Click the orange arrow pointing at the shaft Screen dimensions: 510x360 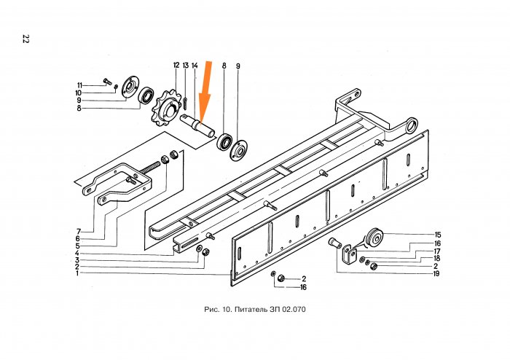click(x=205, y=93)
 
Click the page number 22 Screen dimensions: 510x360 click(x=25, y=39)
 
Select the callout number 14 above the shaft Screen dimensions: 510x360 click(x=195, y=66)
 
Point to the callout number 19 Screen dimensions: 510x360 click(x=436, y=274)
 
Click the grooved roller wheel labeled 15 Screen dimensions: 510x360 click(x=374, y=238)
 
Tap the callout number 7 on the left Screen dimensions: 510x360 click(x=79, y=232)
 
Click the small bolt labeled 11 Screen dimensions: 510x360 click(x=107, y=82)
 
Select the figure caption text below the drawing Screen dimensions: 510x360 click(x=255, y=309)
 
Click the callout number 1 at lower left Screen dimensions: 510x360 click(x=77, y=273)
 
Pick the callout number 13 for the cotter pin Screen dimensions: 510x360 click(x=185, y=66)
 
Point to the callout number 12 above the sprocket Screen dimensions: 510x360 click(x=176, y=66)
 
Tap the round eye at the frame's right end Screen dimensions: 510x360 click(x=411, y=125)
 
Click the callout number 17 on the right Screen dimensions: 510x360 click(x=437, y=251)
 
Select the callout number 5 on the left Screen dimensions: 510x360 click(x=77, y=246)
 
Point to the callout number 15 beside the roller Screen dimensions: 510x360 click(x=437, y=235)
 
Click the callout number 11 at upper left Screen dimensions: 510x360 click(x=79, y=85)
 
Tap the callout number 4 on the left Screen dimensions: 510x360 click(x=76, y=254)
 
